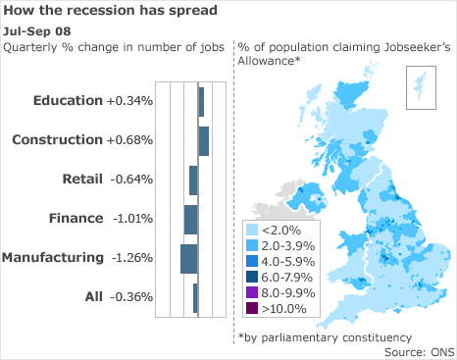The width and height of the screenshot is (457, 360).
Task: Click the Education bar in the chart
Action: tap(201, 102)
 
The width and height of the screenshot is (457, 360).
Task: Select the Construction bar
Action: tap(204, 140)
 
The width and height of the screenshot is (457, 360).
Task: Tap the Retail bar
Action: tap(193, 180)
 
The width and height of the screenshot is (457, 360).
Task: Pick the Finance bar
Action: tap(191, 219)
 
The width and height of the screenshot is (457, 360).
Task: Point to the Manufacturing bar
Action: tap(189, 258)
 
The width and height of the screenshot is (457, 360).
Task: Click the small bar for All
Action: tap(196, 297)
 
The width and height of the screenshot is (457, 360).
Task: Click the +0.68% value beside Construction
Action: tap(129, 140)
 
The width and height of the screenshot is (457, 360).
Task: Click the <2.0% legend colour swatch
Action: tap(252, 230)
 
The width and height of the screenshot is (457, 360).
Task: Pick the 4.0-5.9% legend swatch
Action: tap(252, 261)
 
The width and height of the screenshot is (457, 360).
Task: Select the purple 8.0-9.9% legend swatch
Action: tap(252, 292)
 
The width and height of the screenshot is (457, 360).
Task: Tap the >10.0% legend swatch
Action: tap(252, 308)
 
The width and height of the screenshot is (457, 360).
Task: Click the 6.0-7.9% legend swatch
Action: tap(252, 277)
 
